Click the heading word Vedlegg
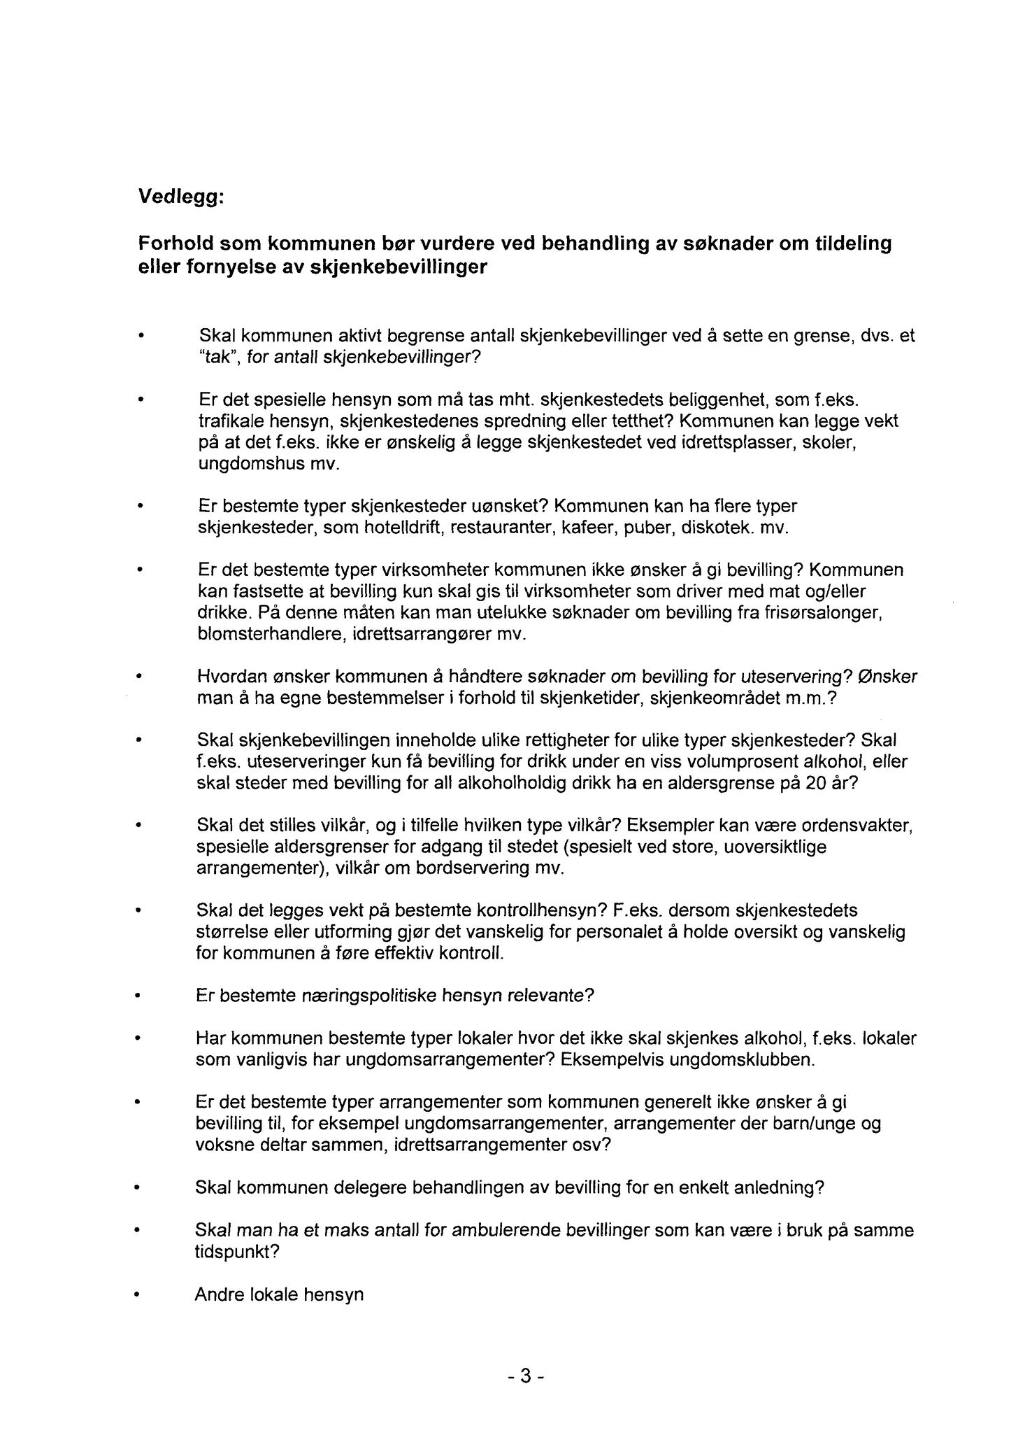pos(179,198)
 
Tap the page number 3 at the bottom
pos(525,1377)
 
